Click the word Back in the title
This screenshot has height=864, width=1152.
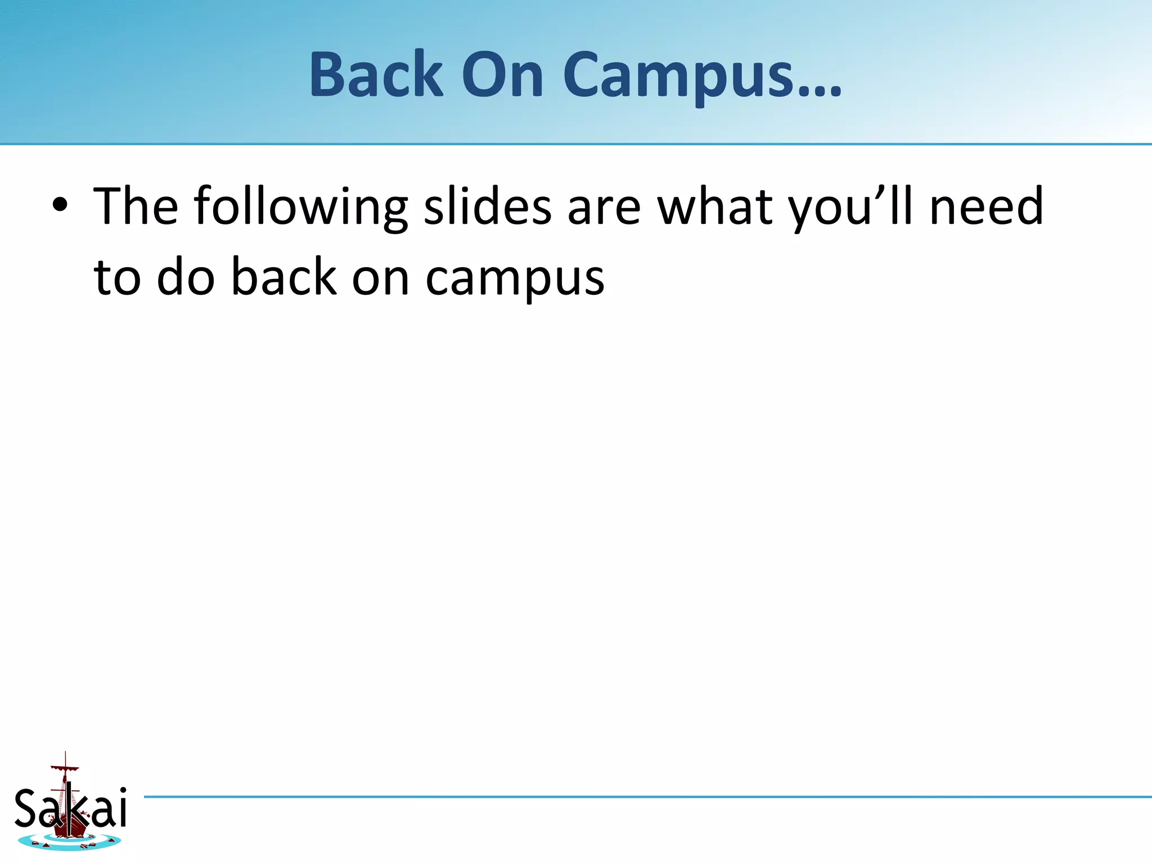(376, 75)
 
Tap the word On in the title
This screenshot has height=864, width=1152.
(502, 75)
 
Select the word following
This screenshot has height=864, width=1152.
(301, 207)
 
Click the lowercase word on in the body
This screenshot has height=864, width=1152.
(380, 278)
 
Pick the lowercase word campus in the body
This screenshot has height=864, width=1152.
(514, 278)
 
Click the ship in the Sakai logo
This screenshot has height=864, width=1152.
(69, 810)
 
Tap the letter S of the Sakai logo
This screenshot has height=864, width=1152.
(26, 808)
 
